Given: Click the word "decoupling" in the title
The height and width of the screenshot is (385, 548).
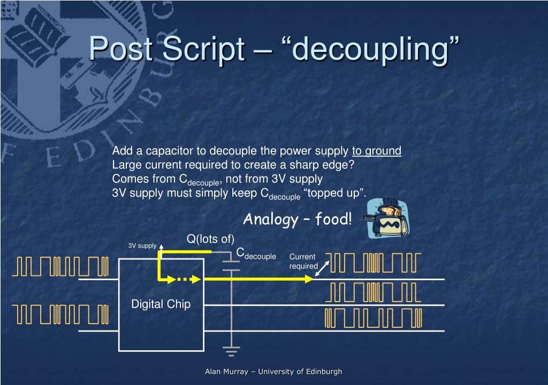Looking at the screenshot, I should point(370,49).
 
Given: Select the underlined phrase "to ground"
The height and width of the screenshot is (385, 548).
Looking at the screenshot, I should point(376,151).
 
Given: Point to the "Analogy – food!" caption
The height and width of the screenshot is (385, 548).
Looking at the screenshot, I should point(298,219).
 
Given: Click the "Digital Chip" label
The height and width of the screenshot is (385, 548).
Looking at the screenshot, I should point(161,304).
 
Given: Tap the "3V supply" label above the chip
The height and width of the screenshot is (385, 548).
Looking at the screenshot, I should point(142,246).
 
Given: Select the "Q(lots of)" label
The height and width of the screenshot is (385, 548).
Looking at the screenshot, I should point(210,238).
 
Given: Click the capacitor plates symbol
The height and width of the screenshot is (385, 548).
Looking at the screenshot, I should point(231,266).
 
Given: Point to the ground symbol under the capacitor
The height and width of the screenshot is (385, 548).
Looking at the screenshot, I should point(231,351).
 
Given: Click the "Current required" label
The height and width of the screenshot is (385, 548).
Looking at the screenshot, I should point(303,261).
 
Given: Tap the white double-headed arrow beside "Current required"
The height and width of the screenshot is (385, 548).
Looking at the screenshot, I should point(322,269).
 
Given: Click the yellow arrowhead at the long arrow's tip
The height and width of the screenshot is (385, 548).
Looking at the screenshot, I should point(309,279).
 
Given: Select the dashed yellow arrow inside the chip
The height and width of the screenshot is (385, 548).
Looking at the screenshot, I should point(188,279).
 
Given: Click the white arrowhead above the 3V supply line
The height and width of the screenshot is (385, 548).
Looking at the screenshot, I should point(160,246).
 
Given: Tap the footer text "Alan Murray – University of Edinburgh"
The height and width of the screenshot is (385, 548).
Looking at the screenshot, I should point(273,372).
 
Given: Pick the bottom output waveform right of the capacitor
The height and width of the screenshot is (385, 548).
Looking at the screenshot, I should point(374,317).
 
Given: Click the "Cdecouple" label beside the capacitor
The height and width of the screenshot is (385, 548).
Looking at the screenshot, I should point(256,253).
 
